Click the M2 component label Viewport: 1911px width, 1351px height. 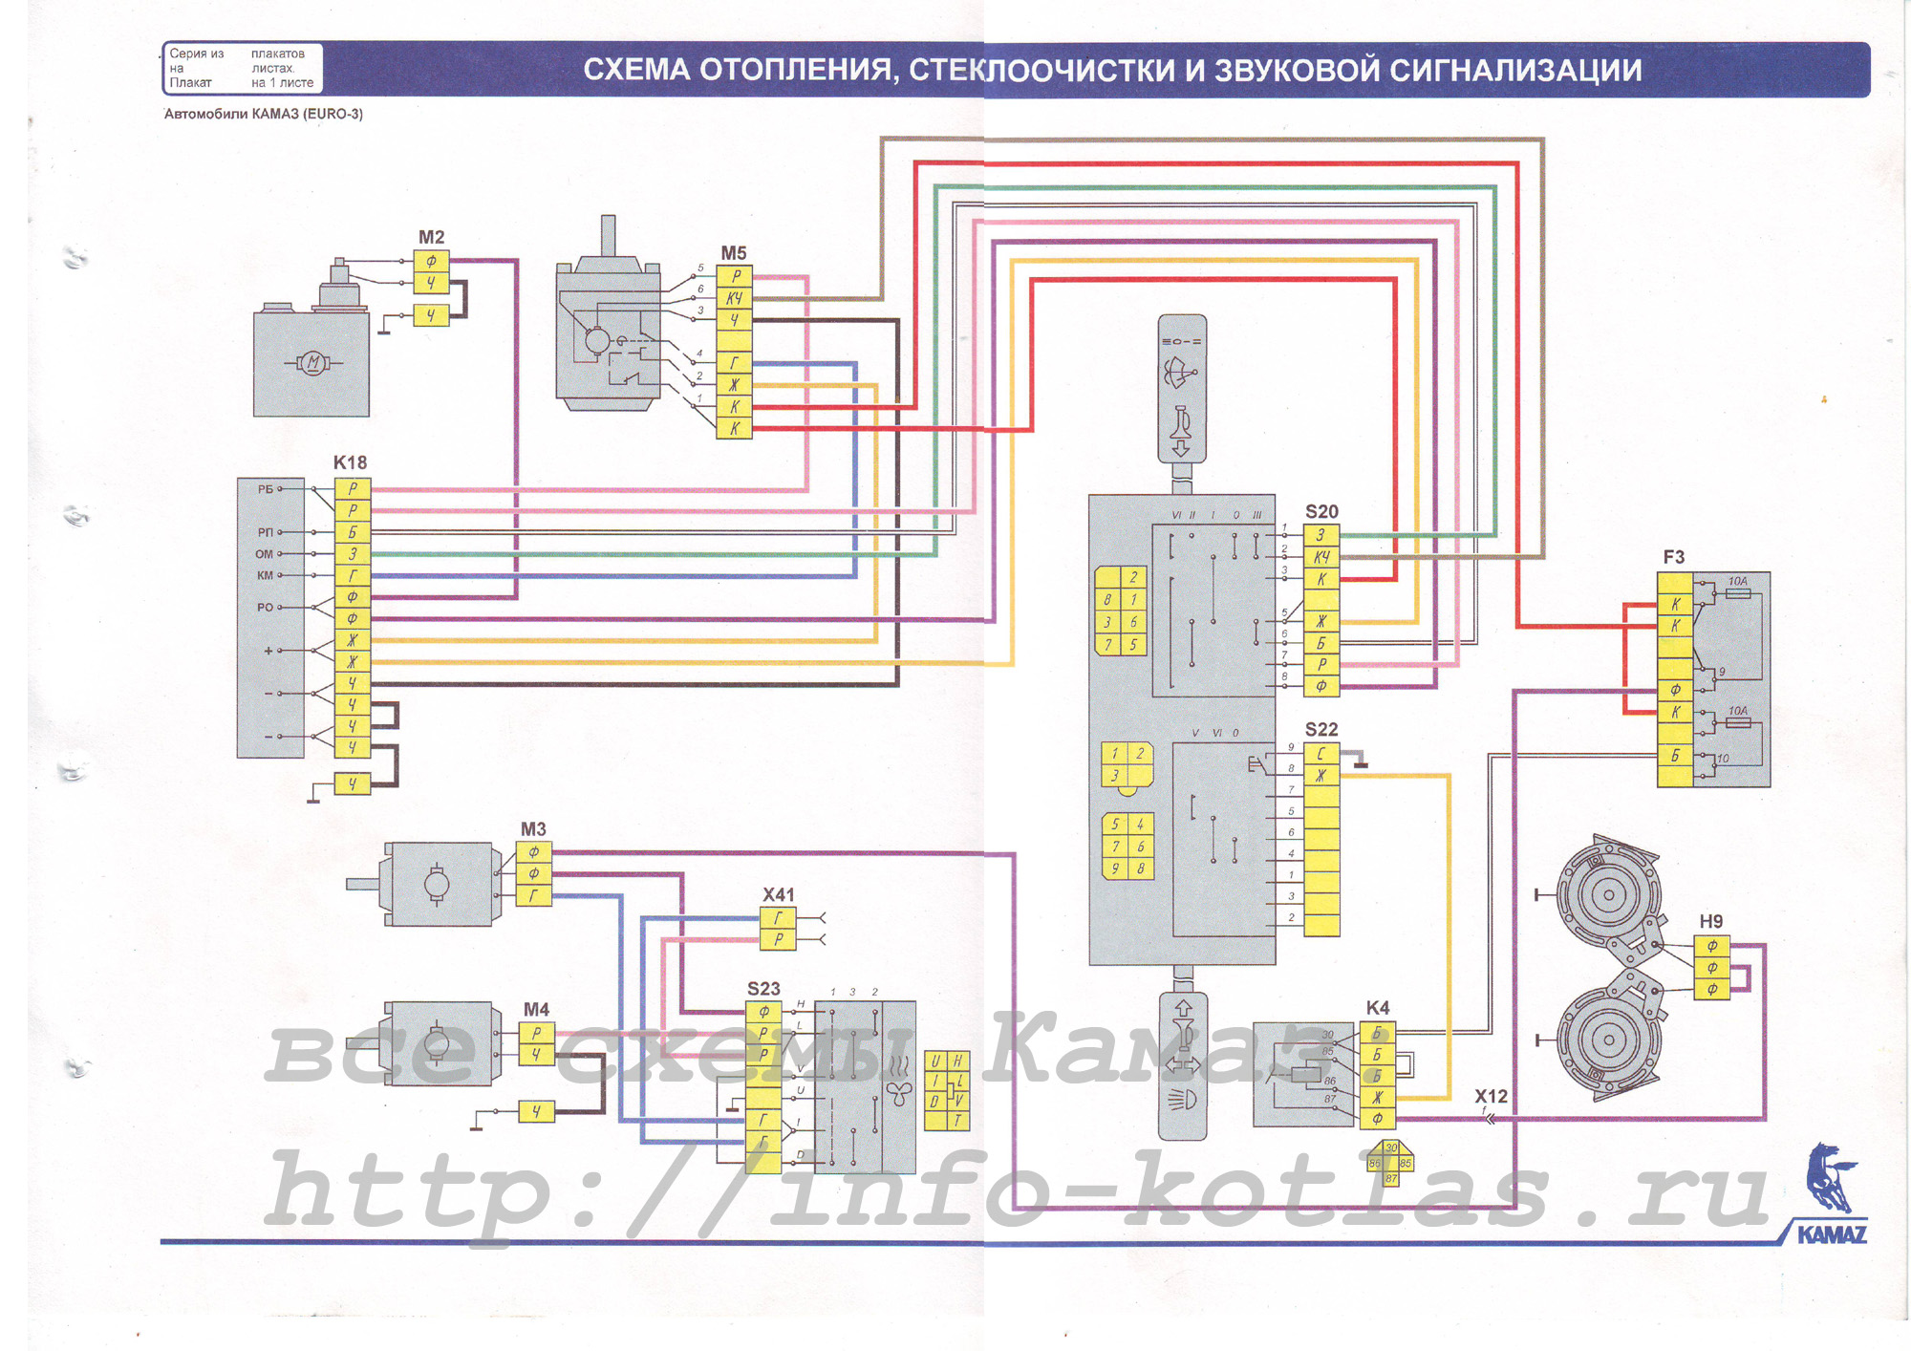[431, 237]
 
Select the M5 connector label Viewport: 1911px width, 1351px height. [733, 253]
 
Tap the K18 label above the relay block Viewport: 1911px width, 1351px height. [350, 462]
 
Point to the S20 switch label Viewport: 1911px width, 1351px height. [1321, 512]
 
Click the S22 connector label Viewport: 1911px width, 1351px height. [1321, 729]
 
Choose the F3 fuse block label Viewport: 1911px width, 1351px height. [1673, 557]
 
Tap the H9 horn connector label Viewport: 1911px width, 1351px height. [1710, 921]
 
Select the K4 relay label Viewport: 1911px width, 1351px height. [1377, 1008]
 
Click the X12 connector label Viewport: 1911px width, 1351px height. [1491, 1096]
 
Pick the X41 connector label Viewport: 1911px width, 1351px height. [778, 894]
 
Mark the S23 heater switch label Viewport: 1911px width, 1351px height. [763, 989]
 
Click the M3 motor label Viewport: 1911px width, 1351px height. [533, 829]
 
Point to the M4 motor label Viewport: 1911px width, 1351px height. [536, 1009]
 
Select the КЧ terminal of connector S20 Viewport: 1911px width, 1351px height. [1321, 557]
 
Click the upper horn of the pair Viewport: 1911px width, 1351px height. [1608, 895]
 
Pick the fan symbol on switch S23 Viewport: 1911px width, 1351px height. [898, 1094]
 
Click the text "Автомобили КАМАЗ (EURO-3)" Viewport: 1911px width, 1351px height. [264, 114]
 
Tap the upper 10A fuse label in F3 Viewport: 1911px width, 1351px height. [1737, 581]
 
